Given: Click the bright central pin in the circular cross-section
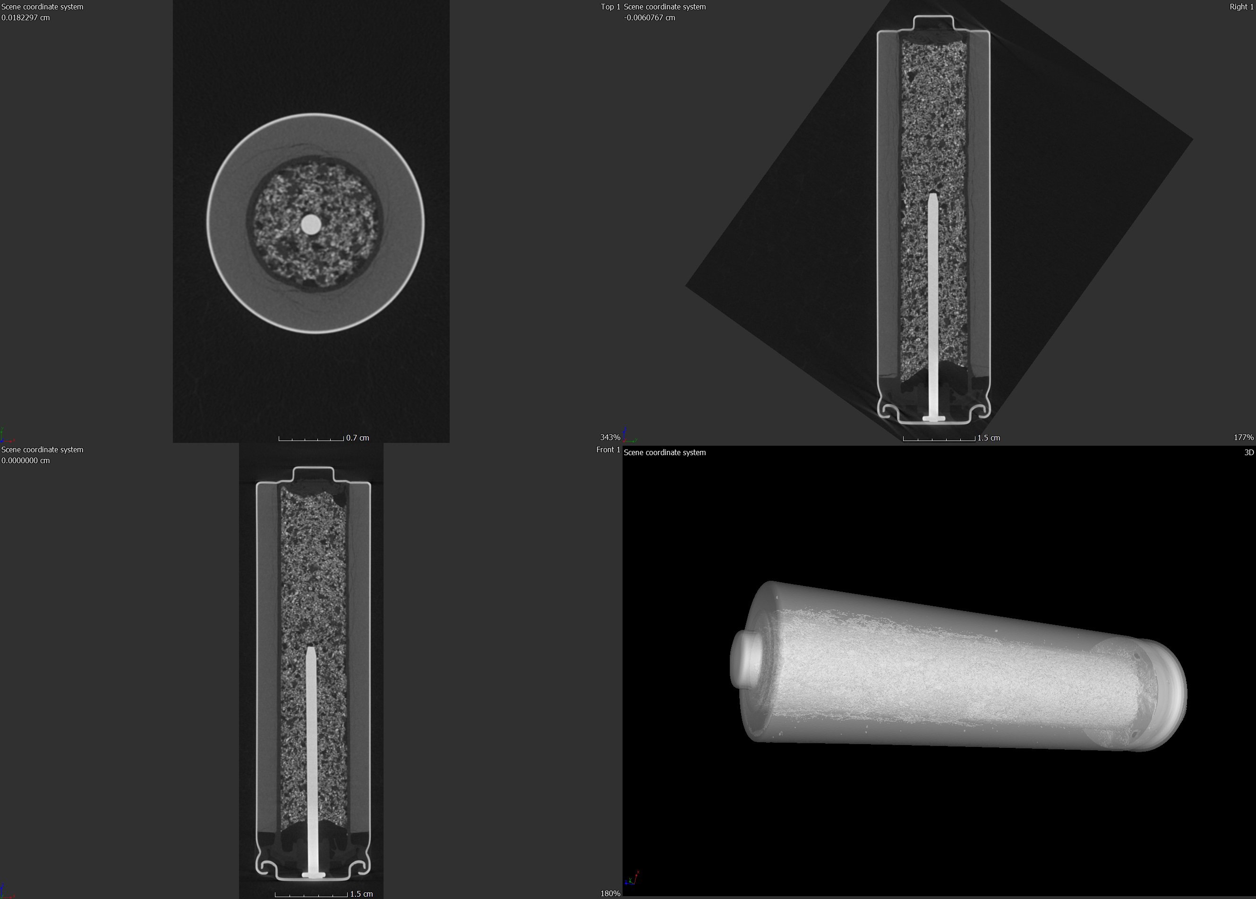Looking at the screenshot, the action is tap(311, 225).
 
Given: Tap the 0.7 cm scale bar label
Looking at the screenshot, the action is tap(357, 438).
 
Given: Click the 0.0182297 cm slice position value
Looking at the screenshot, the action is tap(26, 18).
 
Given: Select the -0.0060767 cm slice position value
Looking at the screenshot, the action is tap(649, 18).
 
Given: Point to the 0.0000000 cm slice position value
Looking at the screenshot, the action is tap(26, 460).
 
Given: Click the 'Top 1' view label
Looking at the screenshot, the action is tap(610, 7).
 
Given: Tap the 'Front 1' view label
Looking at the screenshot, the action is tap(608, 449).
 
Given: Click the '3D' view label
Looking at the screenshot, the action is tap(1249, 452).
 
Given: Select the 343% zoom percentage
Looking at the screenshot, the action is tap(610, 437).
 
